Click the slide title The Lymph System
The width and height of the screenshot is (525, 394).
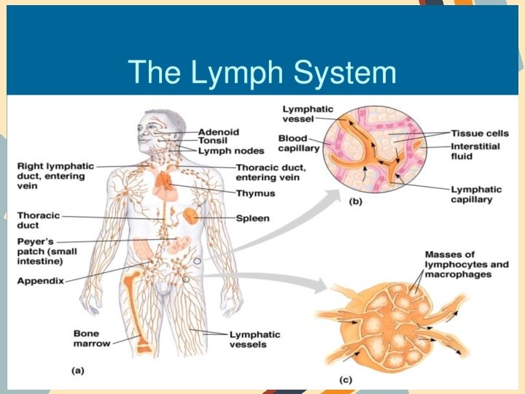coord(262,72)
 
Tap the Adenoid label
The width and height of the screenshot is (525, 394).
coord(218,132)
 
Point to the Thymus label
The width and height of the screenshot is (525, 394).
coord(255,193)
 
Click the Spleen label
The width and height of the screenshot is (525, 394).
coord(252,217)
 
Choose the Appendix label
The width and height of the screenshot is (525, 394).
coord(41,280)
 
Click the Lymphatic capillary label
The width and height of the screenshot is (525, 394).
coord(472,193)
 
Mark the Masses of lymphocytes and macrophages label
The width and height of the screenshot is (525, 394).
coord(467,263)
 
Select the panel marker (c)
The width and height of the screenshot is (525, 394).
coord(348,379)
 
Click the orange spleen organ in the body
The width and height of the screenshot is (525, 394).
coord(190,216)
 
